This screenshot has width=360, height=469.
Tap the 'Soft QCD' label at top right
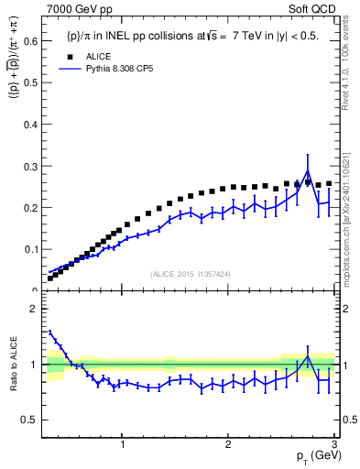tap(314, 9)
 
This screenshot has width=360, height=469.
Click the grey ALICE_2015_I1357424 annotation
tap(191, 274)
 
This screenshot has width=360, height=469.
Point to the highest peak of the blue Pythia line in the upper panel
tap(308, 171)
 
